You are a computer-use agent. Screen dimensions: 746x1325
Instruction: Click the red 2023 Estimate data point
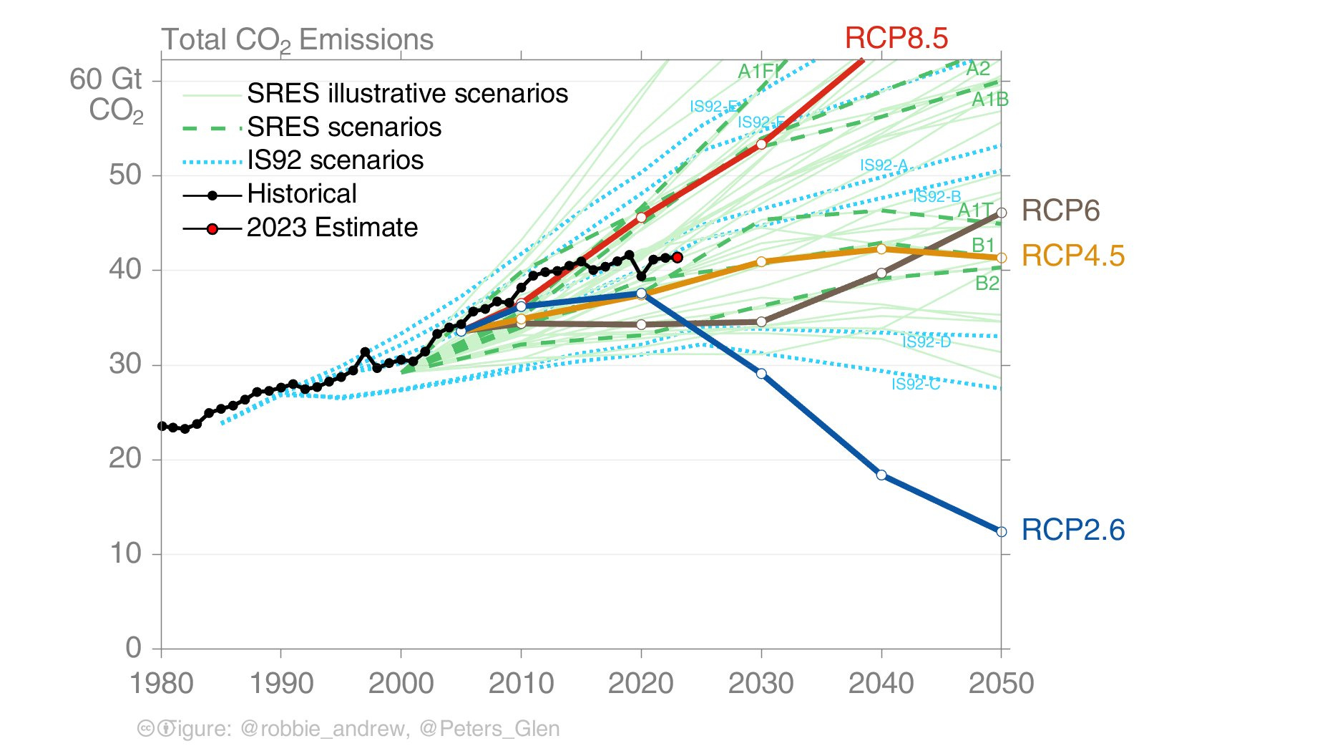[678, 257]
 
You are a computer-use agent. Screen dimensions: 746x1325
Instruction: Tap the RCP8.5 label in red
[896, 38]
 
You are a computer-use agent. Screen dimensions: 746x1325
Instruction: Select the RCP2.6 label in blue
[1072, 530]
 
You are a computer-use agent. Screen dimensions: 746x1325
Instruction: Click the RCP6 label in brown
[1060, 210]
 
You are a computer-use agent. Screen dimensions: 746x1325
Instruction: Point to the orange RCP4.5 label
[1072, 256]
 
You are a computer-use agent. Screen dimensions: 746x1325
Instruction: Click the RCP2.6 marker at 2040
[881, 475]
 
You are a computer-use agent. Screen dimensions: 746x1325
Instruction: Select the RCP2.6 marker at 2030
[761, 374]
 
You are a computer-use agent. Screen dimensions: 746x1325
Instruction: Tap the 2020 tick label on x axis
[640, 683]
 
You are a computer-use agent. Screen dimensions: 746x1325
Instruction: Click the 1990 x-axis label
[280, 683]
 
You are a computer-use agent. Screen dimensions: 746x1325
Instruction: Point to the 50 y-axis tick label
[125, 175]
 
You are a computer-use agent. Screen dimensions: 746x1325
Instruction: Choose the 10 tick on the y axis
[125, 553]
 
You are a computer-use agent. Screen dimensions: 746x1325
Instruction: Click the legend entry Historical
[301, 194]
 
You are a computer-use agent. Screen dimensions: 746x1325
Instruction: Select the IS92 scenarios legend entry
[335, 160]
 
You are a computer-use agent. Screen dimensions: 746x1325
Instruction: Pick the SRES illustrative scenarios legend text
[407, 94]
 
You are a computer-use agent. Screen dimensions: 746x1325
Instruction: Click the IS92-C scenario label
[915, 384]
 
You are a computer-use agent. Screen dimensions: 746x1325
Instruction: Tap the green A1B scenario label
[989, 100]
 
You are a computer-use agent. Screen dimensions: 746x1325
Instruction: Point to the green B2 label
[987, 284]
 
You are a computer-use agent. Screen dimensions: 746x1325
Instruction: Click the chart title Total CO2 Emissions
[297, 40]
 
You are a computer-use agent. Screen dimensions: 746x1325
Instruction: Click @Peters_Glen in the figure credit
[489, 729]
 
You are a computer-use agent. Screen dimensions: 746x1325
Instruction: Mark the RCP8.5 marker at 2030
[761, 145]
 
